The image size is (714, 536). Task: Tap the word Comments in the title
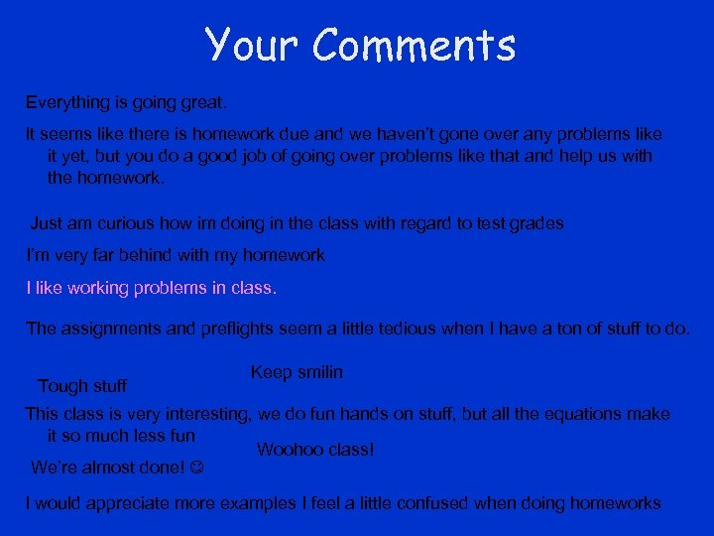click(416, 45)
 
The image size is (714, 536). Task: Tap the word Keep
click(271, 372)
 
